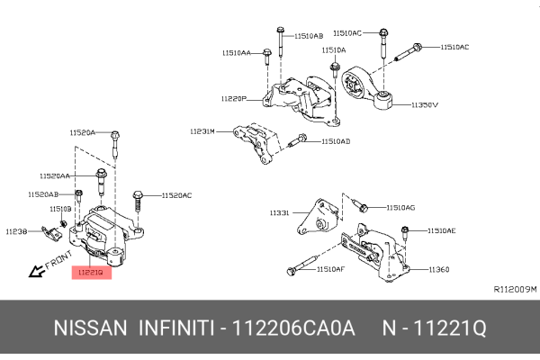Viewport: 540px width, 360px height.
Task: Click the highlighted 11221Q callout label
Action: click(x=90, y=271)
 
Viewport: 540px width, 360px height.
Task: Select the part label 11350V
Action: click(x=425, y=105)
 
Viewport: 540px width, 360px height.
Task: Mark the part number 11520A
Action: click(x=83, y=132)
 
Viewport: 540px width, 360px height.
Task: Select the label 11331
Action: click(x=279, y=213)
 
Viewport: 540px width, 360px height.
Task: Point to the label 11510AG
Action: click(x=400, y=207)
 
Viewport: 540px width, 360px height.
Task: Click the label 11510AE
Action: click(x=442, y=231)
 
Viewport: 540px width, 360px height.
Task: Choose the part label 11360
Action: click(x=438, y=269)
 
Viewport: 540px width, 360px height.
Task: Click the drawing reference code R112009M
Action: click(x=515, y=290)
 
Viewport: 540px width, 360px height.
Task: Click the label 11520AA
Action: click(x=55, y=175)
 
